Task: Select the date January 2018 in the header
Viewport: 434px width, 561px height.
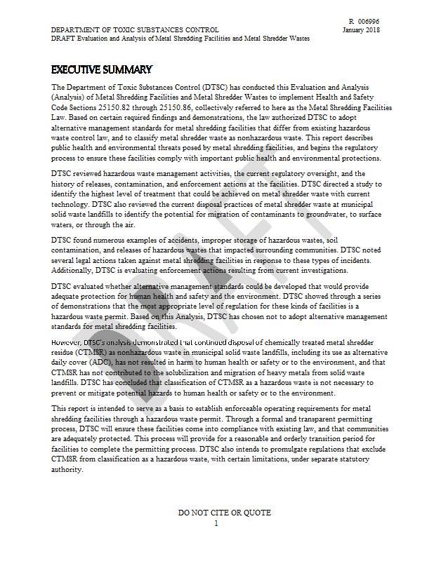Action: pos(362,30)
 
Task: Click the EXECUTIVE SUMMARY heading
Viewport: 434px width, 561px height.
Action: pos(101,69)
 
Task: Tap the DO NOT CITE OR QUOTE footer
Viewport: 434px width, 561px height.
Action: pos(224,513)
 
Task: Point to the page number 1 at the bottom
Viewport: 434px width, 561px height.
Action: pos(216,522)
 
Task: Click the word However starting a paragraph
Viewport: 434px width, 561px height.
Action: pos(66,342)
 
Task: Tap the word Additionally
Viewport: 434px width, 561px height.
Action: pos(72,270)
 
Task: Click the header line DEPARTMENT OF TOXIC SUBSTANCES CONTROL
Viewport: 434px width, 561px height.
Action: pos(135,30)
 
